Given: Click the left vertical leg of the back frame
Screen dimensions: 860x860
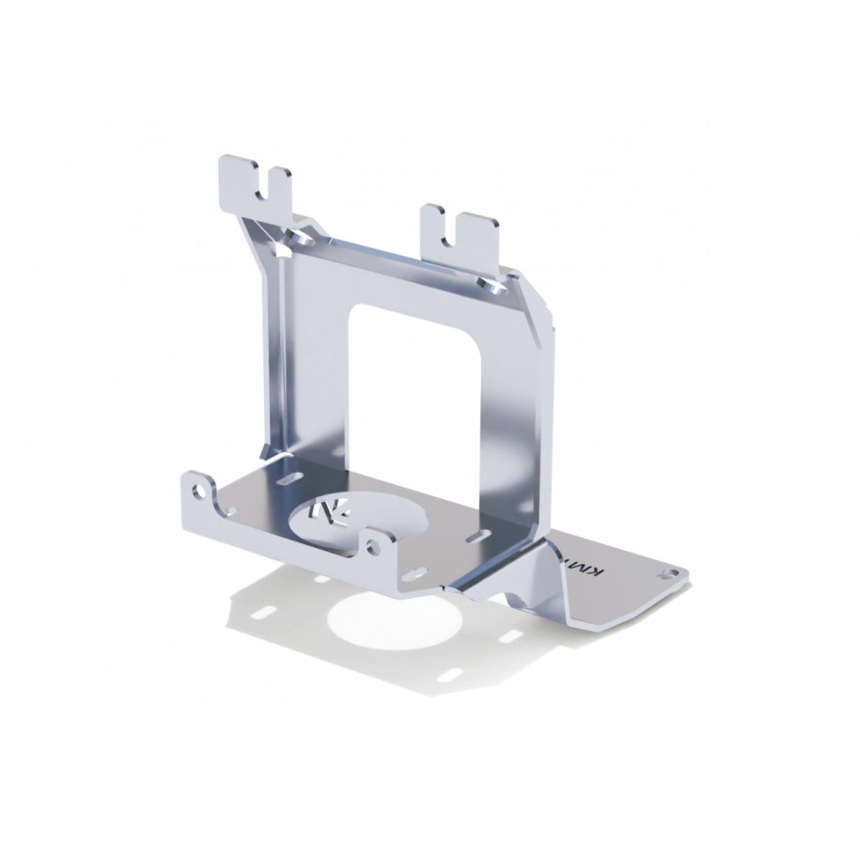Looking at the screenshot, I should point(305,376).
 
